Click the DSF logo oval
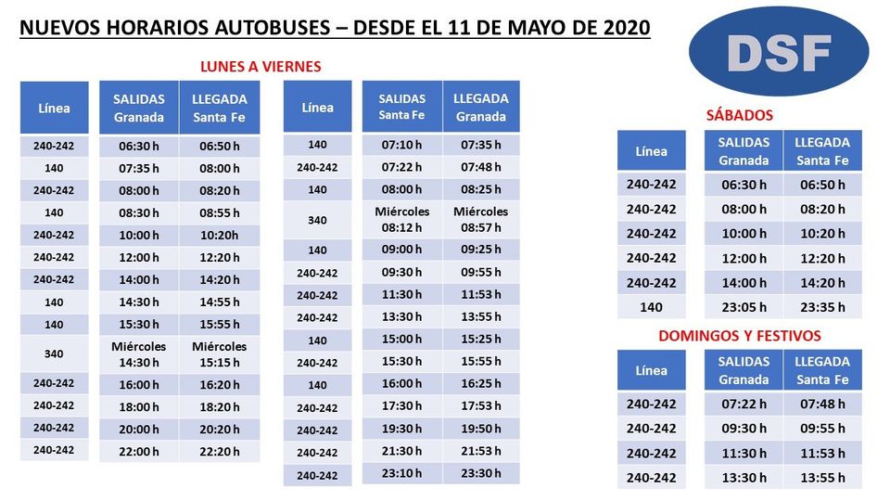(x=779, y=52)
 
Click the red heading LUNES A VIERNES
(x=261, y=67)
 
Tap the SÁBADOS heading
(x=739, y=116)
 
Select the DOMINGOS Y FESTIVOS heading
(x=740, y=336)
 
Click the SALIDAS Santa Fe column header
(x=401, y=107)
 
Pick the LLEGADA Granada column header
(x=481, y=107)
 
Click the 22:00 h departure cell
(x=139, y=452)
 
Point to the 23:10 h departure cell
(x=401, y=472)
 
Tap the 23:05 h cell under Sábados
(x=744, y=307)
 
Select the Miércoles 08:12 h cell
(x=401, y=219)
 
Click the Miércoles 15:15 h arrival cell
(x=219, y=354)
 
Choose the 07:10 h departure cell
(x=401, y=145)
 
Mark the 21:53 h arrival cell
(x=481, y=450)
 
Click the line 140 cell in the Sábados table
(x=651, y=307)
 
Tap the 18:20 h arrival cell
(x=219, y=407)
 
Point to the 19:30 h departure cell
(x=401, y=428)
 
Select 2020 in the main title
(x=626, y=27)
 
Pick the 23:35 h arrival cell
(x=822, y=307)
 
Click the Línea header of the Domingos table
(x=651, y=370)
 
